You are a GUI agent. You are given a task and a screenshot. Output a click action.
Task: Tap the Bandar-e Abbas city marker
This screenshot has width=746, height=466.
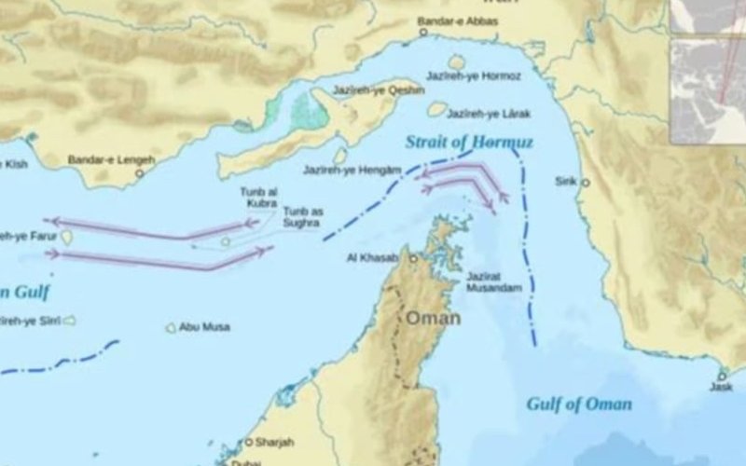[x=422, y=32]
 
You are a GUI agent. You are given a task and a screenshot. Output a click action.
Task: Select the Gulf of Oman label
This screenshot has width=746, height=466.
[x=578, y=404]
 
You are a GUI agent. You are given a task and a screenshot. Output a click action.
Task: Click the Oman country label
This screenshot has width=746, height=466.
[x=432, y=318]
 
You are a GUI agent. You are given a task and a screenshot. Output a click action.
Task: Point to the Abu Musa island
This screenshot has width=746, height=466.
[x=171, y=328]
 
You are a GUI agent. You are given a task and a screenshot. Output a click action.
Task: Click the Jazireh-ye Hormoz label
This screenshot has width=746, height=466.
[x=473, y=75]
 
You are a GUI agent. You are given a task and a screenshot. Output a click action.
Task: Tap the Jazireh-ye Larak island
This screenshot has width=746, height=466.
[x=436, y=110]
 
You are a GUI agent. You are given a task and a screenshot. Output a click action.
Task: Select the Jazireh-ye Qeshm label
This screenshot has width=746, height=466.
[x=367, y=90]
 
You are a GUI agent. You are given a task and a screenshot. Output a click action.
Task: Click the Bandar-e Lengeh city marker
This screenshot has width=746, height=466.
[x=140, y=173]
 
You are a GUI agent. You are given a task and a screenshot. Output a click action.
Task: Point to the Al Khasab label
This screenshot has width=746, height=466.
[x=372, y=257]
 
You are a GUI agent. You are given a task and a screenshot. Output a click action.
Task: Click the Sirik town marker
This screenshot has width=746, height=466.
[x=586, y=183]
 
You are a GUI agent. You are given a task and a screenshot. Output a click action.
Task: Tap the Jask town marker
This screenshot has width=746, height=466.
[x=721, y=376]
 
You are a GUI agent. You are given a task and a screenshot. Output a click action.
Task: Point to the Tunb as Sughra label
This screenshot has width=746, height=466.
[x=303, y=217]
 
